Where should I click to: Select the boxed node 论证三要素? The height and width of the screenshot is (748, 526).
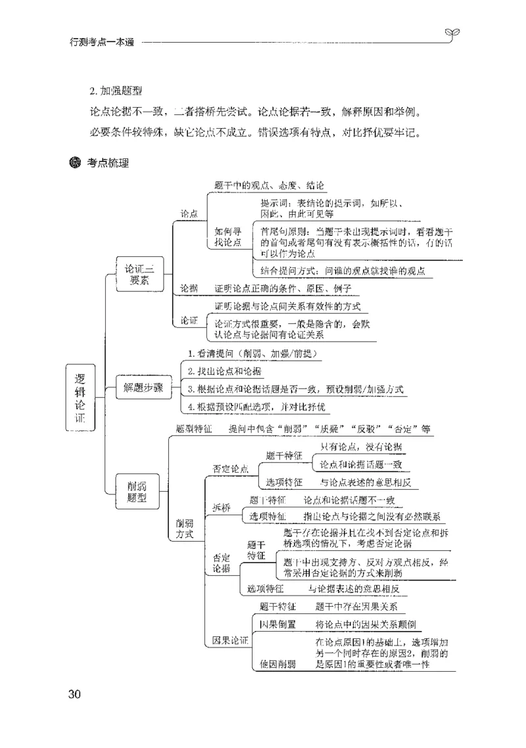[139, 275]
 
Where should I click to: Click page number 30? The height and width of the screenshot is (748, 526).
[74, 694]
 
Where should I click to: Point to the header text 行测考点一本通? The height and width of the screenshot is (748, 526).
[101, 43]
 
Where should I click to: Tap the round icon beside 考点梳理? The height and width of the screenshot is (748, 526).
[75, 162]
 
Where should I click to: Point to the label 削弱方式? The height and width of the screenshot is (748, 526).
[185, 528]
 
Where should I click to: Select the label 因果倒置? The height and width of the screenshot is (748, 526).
[277, 624]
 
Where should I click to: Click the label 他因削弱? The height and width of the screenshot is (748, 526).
[277, 664]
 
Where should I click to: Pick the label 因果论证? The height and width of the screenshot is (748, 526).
[230, 640]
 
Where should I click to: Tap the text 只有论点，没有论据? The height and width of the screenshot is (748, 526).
[362, 447]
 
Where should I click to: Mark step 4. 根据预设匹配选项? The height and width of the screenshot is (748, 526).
[256, 407]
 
